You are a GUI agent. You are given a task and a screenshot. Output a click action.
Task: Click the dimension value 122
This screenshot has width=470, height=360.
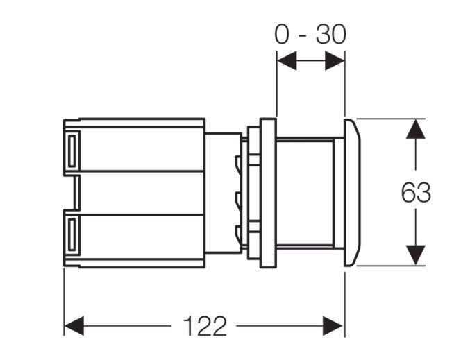[x=205, y=326]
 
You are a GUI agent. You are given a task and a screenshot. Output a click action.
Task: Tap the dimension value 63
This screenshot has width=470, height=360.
[x=416, y=193]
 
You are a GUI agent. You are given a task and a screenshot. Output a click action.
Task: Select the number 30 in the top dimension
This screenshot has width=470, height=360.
[x=331, y=35]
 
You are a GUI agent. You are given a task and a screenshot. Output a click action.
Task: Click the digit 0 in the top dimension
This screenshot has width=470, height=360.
[x=283, y=35]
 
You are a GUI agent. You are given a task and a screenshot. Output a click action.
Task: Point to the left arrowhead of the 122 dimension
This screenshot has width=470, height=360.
[x=74, y=326]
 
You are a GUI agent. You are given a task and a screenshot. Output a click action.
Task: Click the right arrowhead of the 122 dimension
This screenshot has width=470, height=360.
[x=333, y=326]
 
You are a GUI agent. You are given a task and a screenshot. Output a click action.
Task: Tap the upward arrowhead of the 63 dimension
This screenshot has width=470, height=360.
[x=415, y=129]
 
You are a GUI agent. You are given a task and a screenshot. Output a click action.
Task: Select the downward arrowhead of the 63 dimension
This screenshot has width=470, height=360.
[x=415, y=255]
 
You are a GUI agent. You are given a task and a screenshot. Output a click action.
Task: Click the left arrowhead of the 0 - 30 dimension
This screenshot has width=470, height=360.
[x=287, y=61]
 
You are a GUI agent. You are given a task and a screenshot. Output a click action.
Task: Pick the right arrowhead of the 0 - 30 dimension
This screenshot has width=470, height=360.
[x=335, y=61]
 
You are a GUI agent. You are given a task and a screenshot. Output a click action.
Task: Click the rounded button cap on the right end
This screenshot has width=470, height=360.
[x=352, y=192]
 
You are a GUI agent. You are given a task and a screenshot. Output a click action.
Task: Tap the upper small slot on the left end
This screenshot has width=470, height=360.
[x=72, y=151]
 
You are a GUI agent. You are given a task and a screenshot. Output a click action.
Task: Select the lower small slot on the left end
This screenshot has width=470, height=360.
[x=72, y=234]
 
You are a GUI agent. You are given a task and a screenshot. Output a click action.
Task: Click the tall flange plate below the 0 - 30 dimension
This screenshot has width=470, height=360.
[x=268, y=193]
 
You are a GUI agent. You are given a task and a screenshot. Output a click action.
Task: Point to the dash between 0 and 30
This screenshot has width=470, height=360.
[x=303, y=36]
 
